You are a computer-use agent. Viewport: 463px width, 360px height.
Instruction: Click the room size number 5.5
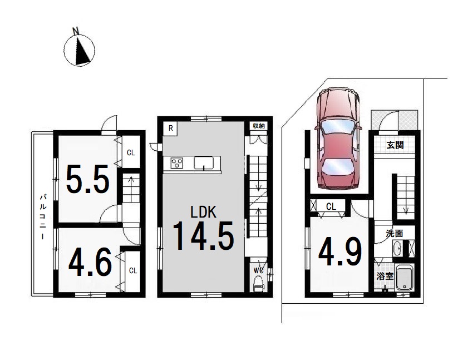click(88, 179)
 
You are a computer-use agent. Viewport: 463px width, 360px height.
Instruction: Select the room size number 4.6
click(90, 262)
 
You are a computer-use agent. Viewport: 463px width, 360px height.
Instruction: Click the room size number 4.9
click(340, 252)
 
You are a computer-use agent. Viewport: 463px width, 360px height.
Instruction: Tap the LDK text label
click(203, 212)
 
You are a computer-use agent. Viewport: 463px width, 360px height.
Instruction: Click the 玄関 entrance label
click(395, 145)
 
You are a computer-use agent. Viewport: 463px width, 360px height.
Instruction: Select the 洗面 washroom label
click(395, 233)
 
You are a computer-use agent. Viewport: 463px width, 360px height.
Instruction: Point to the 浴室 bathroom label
click(385, 277)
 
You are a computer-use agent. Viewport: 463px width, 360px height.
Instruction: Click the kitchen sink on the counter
click(204, 163)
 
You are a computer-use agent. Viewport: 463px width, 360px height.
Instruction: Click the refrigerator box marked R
click(170, 129)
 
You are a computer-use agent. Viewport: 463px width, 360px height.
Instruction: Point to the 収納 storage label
click(259, 126)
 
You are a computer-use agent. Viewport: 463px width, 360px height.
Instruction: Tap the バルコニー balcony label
click(43, 216)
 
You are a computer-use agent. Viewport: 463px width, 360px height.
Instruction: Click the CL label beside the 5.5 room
click(131, 152)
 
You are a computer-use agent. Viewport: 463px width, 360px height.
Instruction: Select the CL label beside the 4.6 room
click(133, 270)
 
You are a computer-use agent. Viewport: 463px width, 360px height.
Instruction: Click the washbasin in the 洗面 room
click(397, 248)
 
